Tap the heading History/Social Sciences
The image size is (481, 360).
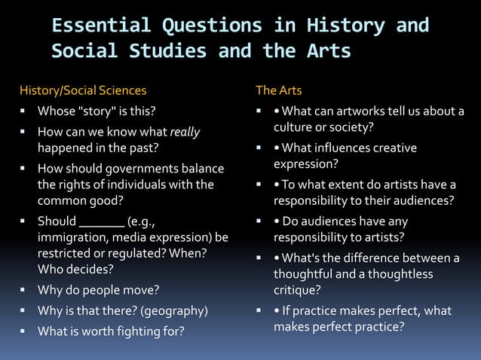[x=83, y=91]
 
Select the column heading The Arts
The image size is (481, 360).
[x=279, y=91]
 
